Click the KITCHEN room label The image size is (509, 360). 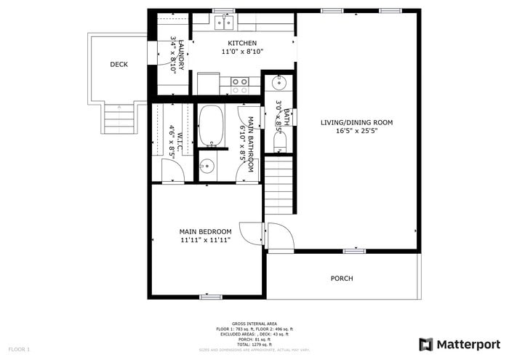coord(242,43)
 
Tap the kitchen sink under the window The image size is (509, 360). coord(223,23)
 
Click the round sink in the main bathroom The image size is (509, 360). coord(207,165)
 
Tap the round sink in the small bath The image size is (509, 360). coord(281,83)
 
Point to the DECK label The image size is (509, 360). coord(119,65)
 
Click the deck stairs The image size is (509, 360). coord(119,119)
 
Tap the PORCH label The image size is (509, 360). coord(342,279)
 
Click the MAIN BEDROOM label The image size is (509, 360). coord(206,231)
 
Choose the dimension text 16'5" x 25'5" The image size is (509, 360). coord(356,132)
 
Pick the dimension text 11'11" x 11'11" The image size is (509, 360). coord(206,240)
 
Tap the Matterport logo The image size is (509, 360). coord(460,344)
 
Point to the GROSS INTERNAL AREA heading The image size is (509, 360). coord(254,324)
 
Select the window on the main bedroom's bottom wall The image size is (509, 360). coord(210,297)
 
